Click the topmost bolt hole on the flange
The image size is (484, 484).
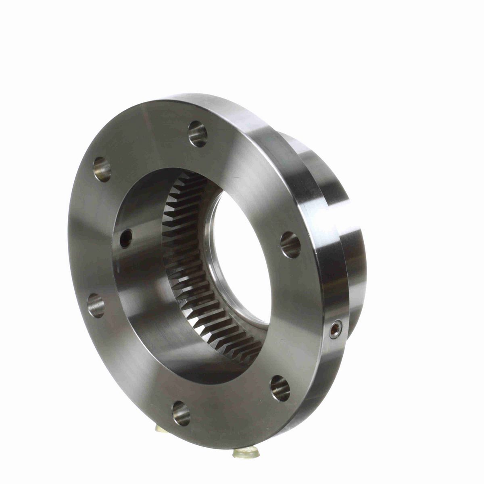pos(198,134)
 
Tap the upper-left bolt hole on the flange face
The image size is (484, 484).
pos(102,169)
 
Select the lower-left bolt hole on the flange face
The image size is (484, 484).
pos(96,305)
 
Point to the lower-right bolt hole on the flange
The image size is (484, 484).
pos(280,388)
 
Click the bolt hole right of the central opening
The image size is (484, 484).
pos(290,245)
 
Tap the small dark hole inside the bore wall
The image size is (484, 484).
pos(126,239)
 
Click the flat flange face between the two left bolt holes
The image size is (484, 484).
pos(91,238)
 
